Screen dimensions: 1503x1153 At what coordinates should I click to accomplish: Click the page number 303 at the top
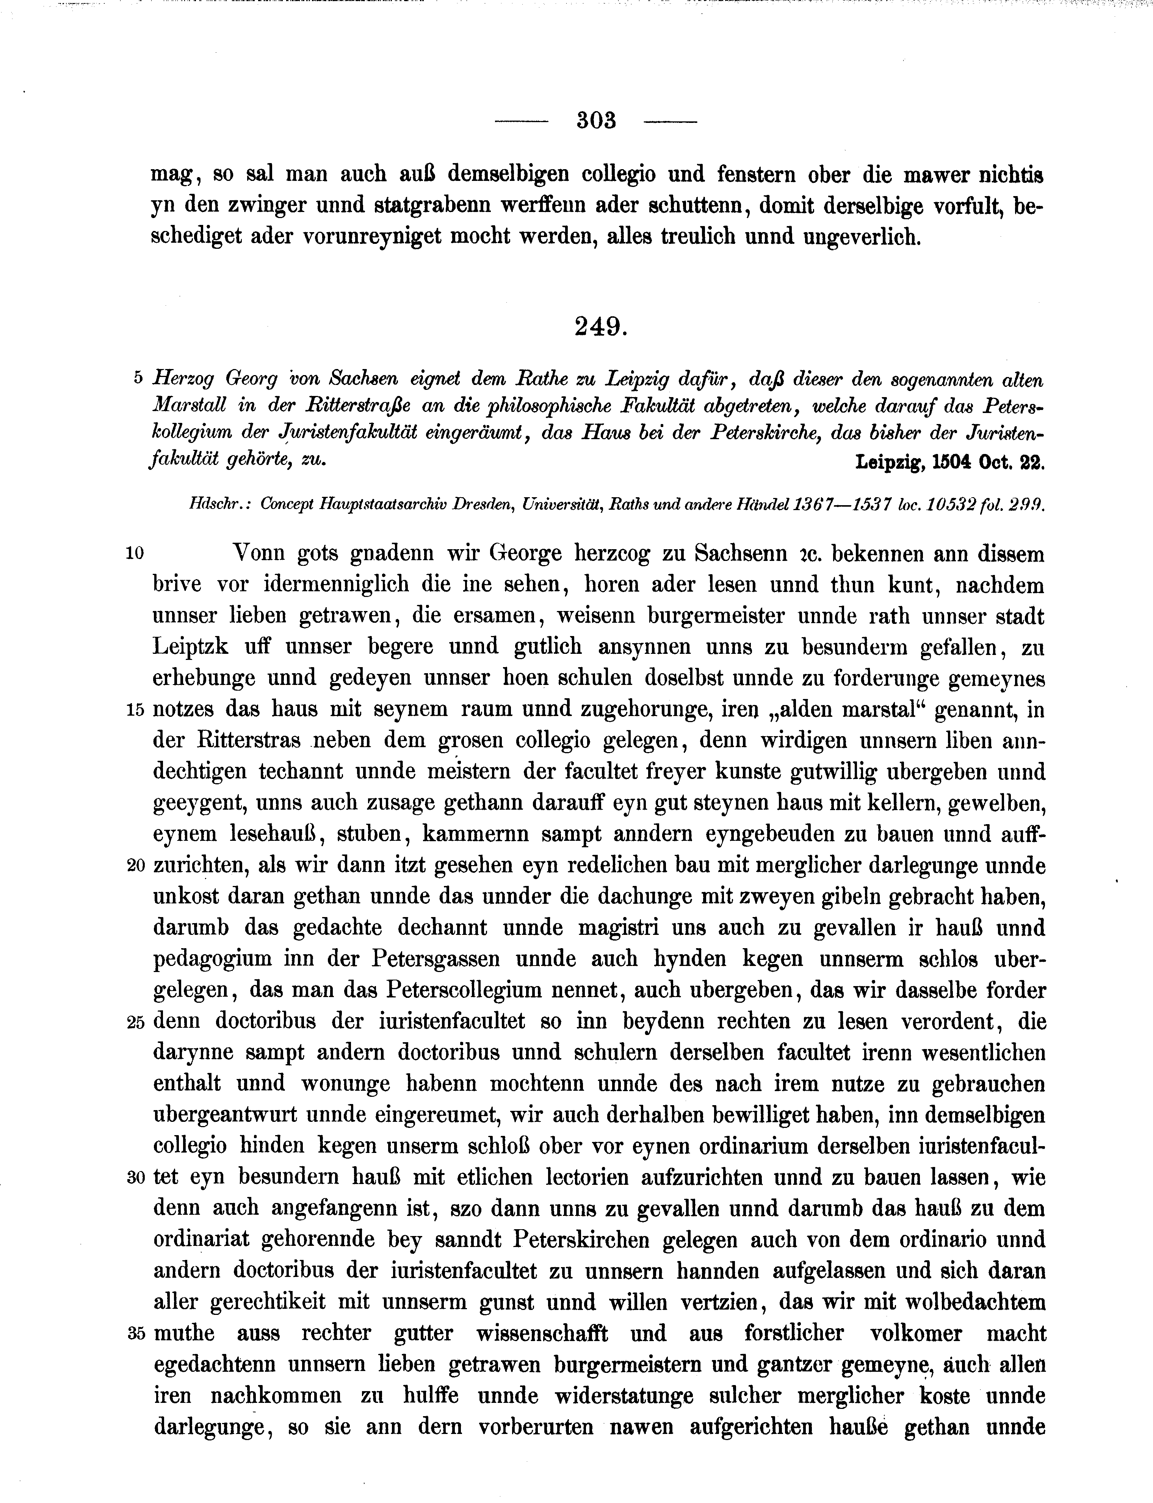(597, 121)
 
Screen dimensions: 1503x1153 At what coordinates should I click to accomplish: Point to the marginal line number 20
(136, 867)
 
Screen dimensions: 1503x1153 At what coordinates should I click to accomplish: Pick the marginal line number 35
(136, 1334)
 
